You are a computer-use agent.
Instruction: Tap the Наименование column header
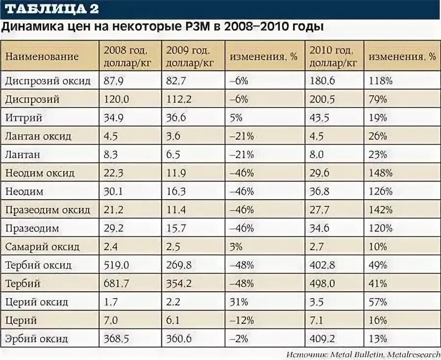coord(42,56)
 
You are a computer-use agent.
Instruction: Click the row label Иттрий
coord(23,118)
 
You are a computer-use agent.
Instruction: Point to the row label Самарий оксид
coord(42,247)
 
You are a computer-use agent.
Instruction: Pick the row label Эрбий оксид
coord(37,339)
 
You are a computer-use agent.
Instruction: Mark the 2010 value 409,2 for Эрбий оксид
coord(322,339)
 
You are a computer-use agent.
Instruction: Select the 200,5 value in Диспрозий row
coord(322,99)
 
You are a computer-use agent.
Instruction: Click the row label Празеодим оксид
coord(48,210)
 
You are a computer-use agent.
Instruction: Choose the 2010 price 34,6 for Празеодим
coord(320,229)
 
